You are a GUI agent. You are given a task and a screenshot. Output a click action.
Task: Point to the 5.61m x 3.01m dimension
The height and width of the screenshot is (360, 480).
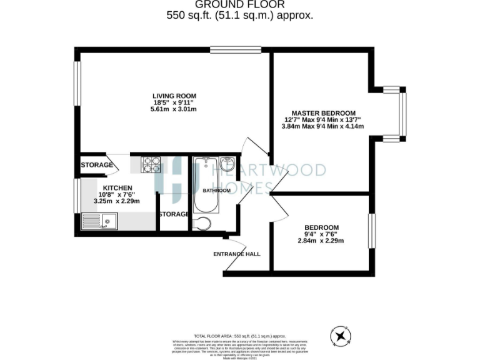[174, 109]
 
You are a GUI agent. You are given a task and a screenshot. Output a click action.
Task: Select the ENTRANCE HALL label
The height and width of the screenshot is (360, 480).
[237, 254]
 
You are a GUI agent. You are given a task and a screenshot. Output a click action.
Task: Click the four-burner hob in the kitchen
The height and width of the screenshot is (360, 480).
[151, 164]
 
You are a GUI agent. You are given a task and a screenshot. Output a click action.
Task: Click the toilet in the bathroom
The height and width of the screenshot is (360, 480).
[202, 224]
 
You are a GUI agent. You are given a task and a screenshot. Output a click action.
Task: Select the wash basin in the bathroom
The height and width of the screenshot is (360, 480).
[227, 165]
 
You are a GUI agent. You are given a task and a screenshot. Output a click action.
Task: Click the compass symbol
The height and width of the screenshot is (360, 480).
[341, 336]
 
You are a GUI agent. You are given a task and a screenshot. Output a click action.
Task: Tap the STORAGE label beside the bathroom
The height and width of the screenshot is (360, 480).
[174, 214]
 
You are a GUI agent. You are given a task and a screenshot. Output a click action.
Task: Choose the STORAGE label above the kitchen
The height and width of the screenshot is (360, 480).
[97, 165]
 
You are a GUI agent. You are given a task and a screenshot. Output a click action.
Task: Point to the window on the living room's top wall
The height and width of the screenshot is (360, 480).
[236, 49]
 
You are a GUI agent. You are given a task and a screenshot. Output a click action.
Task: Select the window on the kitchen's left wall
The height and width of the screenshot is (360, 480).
[77, 195]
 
